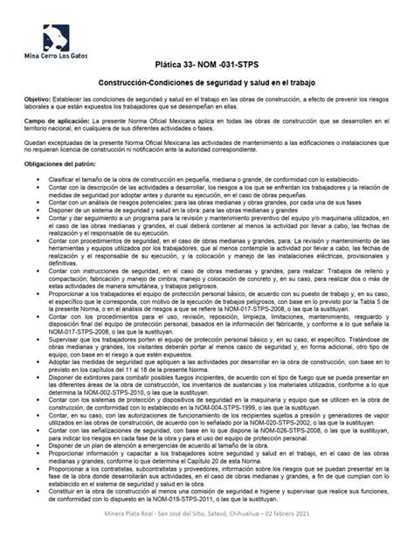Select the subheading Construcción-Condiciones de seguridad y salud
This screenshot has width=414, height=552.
coord(206,83)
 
